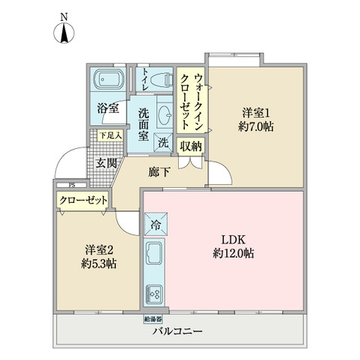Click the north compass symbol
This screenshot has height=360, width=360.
point(64,32)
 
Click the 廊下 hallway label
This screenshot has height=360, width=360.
point(159,172)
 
